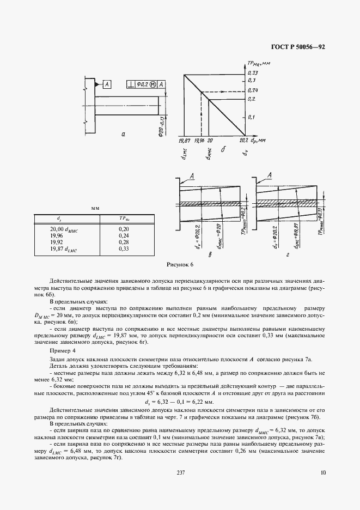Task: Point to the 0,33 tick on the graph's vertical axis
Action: [x=252, y=72]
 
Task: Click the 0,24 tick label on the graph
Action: [x=252, y=89]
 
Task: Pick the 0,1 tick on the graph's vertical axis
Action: [x=251, y=117]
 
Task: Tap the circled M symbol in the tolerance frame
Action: [x=154, y=84]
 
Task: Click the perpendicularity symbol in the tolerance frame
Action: [x=131, y=84]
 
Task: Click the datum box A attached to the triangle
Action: [x=107, y=84]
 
